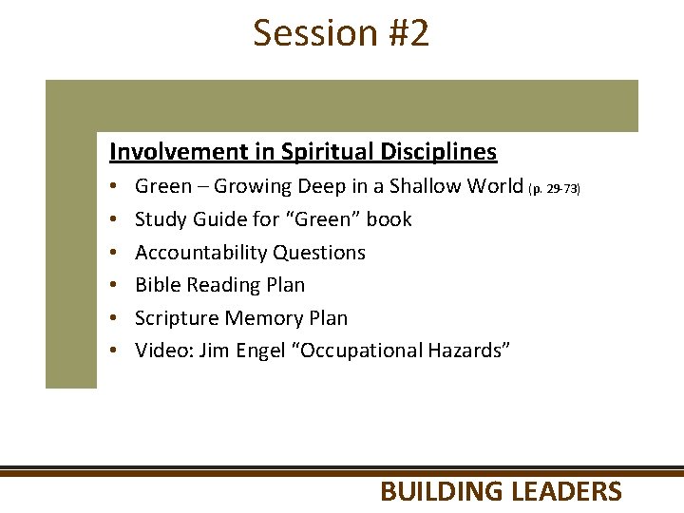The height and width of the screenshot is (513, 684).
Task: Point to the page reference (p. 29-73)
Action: point(554,189)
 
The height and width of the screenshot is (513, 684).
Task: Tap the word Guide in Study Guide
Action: point(216,219)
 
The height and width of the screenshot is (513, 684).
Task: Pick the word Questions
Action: point(319,253)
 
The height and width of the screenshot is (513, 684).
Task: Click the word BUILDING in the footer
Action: point(442,491)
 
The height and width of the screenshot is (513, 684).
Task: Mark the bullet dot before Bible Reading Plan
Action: point(112,286)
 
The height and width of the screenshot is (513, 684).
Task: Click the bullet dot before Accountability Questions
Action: point(112,254)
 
